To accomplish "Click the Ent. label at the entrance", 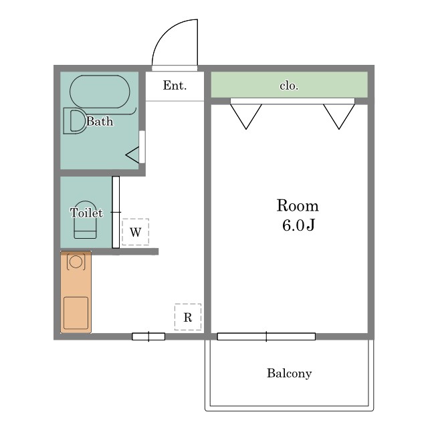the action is point(175,86).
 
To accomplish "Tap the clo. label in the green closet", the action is point(289,86).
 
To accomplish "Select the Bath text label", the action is point(100,121).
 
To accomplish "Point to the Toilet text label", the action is point(86,213).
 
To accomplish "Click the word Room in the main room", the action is point(298,205).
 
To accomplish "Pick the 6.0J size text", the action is point(299,225).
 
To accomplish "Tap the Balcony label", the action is point(289,373).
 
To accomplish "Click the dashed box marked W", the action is point(135,232).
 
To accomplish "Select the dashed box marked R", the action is point(188,317).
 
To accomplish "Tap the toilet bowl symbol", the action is point(85,220).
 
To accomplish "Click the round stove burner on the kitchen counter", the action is point(76,261).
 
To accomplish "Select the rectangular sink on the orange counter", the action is point(76,313).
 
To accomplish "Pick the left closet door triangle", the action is point(246,116).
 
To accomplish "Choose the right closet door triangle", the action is point(339,116).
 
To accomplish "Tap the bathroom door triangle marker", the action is point(132,154).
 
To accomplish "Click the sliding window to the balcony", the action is point(266,336).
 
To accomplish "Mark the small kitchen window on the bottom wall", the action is point(148,336).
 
